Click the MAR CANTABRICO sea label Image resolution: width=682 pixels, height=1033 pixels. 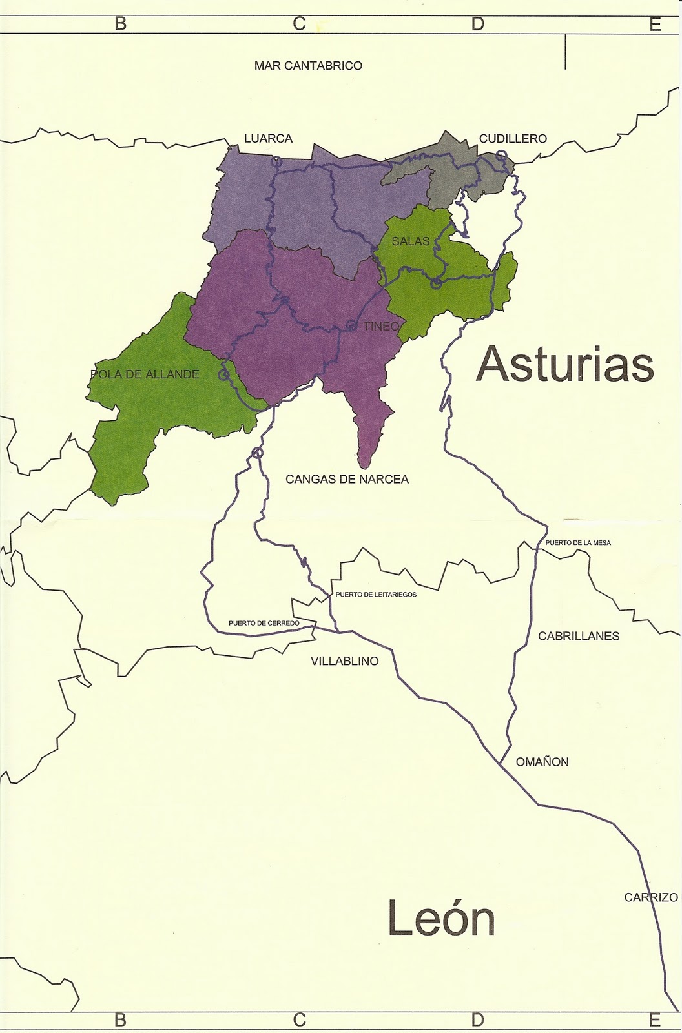coord(308,66)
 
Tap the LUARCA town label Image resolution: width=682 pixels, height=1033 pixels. coord(268,138)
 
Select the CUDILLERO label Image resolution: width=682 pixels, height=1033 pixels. coord(513,138)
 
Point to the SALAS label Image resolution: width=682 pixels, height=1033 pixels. coord(411,241)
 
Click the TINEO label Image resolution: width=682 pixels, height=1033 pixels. coord(381,326)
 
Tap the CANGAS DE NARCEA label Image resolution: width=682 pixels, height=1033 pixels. coord(347,479)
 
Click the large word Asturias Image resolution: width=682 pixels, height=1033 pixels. coord(565,363)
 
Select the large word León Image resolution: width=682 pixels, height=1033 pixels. coord(441,919)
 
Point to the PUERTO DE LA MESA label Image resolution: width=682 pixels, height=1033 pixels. coord(578,543)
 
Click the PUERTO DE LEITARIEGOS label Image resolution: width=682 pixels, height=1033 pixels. coord(376,594)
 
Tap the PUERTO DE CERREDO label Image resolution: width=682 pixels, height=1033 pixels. coord(264,623)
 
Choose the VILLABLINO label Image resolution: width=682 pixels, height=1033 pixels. coord(344,661)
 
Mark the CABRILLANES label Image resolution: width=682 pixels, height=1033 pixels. coord(579,636)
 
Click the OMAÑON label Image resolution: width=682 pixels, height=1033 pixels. coord(542,762)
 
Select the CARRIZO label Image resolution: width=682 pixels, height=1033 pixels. coord(651,897)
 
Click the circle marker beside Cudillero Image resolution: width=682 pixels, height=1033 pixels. coord(501,156)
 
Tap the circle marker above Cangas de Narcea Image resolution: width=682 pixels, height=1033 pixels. coord(258,453)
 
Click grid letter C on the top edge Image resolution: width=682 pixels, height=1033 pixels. coord(299,24)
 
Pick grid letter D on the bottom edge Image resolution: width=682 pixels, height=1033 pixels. coord(477,1020)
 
